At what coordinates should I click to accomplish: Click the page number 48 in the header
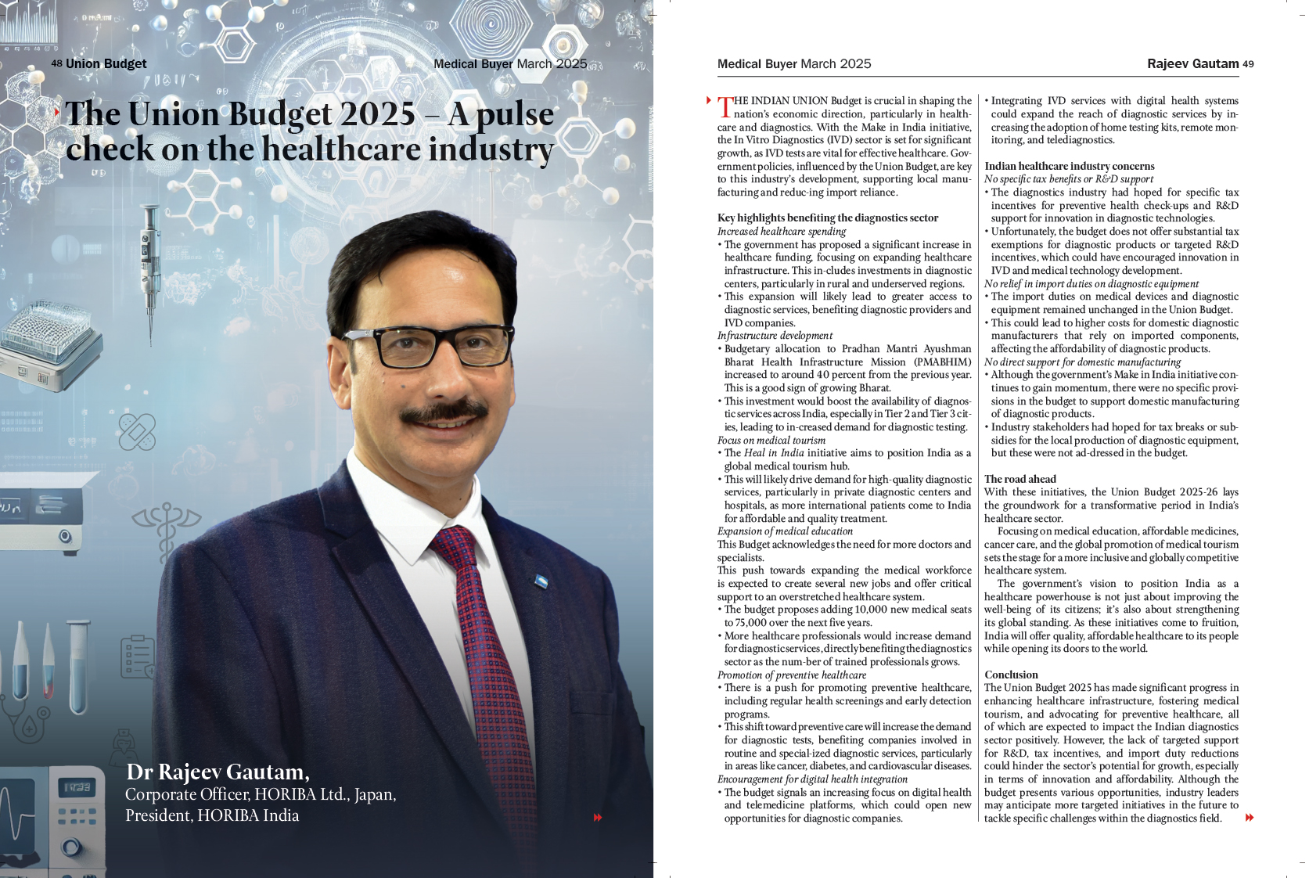tap(56, 63)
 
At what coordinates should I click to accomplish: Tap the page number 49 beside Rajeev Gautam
tap(1248, 64)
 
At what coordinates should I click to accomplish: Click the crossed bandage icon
tap(137, 431)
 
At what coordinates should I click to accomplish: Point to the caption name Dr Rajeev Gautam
tap(218, 772)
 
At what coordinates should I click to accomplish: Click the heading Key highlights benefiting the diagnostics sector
tap(827, 218)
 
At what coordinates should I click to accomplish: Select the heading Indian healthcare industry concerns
tap(1069, 166)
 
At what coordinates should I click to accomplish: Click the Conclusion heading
tap(1011, 675)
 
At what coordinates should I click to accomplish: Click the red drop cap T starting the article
tap(725, 106)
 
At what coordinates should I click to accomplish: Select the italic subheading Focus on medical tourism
tap(771, 440)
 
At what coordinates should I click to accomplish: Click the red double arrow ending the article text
tap(1250, 818)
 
